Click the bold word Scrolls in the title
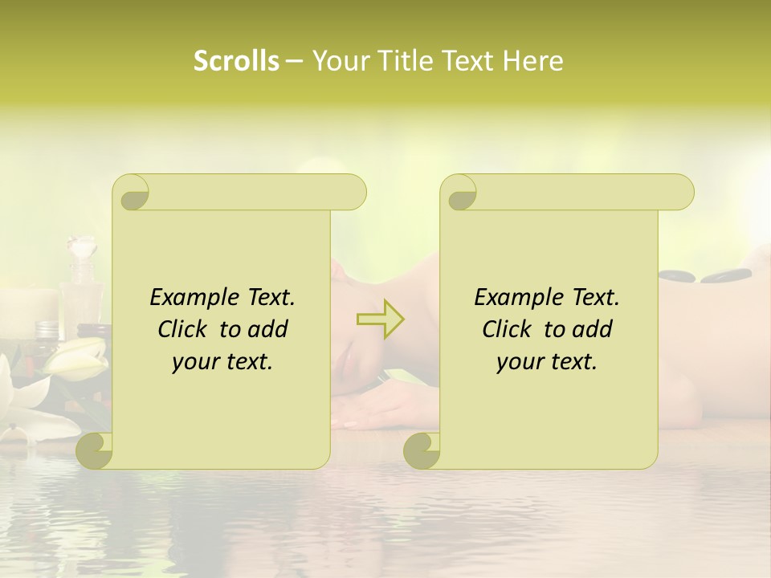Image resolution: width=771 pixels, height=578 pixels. pos(237,61)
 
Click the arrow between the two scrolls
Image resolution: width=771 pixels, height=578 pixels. pos(380,320)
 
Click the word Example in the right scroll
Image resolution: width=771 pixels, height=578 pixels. pos(516,298)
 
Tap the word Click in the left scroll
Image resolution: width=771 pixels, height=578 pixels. pos(183,329)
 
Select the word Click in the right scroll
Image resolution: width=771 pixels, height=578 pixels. pos(508,329)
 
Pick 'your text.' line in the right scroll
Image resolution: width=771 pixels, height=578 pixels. pos(547,361)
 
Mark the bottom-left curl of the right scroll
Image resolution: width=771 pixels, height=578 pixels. pos(422,450)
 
